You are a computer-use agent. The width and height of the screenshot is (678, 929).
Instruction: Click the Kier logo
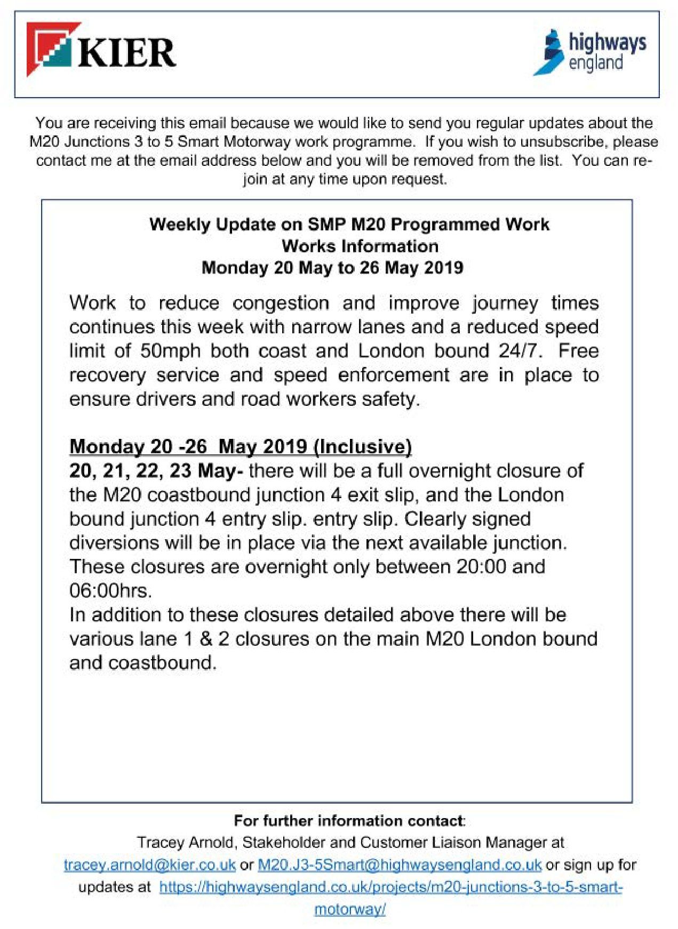click(x=102, y=52)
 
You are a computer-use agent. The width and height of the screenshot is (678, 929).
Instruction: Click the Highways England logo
click(x=589, y=52)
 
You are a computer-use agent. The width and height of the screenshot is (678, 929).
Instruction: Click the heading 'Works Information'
click(x=360, y=246)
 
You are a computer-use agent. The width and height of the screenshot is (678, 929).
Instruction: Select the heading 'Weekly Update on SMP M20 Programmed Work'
click(x=349, y=225)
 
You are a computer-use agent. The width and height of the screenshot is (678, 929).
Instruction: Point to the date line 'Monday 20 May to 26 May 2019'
click(x=332, y=268)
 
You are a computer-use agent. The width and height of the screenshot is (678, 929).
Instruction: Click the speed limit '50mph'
click(x=171, y=351)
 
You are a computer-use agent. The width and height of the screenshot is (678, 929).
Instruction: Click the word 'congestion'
click(x=281, y=303)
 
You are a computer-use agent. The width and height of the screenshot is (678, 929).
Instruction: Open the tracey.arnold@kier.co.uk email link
click(x=150, y=864)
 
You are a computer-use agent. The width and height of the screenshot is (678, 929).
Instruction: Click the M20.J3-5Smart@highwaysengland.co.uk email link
click(x=400, y=864)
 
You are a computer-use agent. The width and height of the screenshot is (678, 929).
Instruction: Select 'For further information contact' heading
click(x=349, y=820)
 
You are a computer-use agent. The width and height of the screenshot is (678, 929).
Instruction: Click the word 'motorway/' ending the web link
click(x=350, y=909)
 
